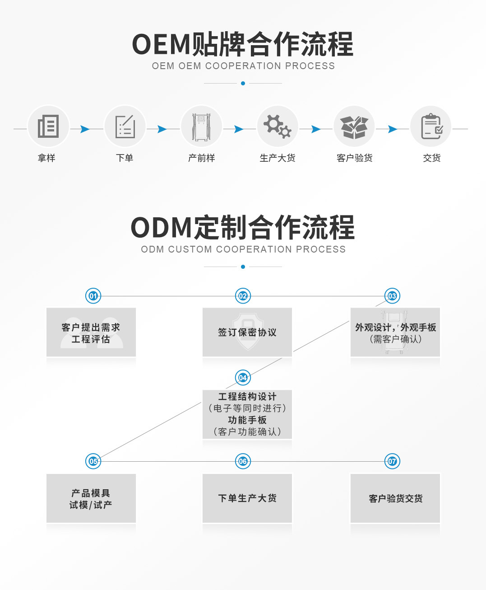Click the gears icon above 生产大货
click(278, 126)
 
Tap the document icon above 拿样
click(48, 126)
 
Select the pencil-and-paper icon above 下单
click(125, 126)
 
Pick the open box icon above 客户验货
click(354, 126)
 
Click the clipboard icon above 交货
click(431, 126)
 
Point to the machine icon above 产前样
click(201, 126)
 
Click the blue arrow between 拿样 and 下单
click(85, 129)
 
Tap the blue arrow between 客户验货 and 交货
click(393, 129)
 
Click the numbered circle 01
click(93, 296)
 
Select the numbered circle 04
click(243, 378)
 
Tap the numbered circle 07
click(392, 461)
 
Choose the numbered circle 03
click(392, 296)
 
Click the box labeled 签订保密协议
click(247, 332)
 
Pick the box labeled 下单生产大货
click(247, 498)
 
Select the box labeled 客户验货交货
click(395, 498)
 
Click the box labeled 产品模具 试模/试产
click(91, 498)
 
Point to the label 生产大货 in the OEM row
click(278, 158)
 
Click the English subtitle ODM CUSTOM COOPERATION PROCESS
click(243, 249)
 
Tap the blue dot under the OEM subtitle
click(243, 84)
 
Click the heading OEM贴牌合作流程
click(243, 44)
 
